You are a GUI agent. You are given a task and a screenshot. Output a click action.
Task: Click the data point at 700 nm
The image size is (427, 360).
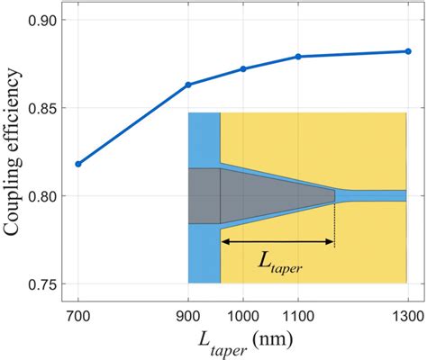click(78, 164)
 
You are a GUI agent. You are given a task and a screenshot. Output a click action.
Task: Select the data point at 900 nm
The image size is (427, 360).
click(188, 85)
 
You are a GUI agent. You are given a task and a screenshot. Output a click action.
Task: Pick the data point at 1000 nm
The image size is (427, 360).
click(243, 68)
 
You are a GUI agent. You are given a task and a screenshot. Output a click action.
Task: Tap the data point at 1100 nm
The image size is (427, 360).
click(298, 57)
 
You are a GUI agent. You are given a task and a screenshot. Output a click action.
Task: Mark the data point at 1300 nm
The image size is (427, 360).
click(407, 51)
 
